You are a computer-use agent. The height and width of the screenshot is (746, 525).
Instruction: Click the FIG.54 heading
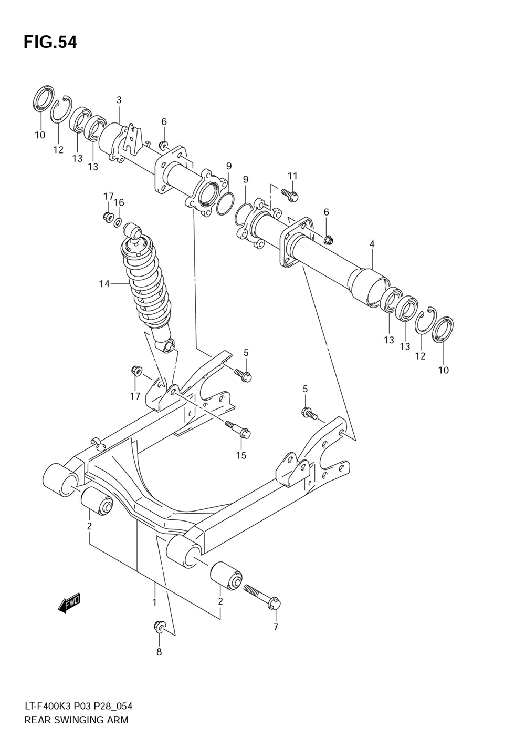(50, 42)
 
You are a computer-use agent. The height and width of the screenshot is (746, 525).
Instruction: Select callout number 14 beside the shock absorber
(104, 284)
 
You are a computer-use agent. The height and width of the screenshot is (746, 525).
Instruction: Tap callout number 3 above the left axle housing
(119, 99)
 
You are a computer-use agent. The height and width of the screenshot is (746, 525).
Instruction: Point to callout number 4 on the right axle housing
(372, 244)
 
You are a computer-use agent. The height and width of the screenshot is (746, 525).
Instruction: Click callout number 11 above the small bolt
(292, 176)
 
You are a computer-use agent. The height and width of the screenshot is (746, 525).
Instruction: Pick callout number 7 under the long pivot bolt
(276, 626)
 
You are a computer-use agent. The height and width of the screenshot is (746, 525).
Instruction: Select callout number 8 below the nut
(159, 652)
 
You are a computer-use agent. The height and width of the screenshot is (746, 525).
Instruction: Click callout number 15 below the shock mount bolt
(241, 455)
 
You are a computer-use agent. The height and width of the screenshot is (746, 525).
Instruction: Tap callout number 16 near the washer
(119, 202)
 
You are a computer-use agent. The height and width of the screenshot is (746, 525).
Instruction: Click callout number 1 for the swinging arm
(154, 602)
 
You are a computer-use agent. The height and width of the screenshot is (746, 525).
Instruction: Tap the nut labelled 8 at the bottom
(159, 626)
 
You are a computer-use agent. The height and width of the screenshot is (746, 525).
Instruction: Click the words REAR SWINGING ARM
(76, 720)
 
